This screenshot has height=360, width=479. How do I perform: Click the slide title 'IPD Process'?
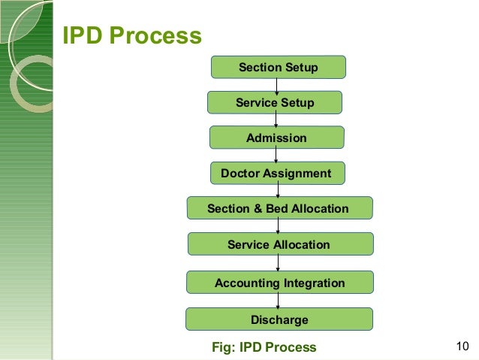coord(131,36)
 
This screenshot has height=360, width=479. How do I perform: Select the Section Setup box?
coord(278,68)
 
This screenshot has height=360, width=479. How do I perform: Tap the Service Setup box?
coord(275,102)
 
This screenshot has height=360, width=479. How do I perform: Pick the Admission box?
coord(276,138)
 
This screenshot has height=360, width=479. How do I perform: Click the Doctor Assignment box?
coord(276,174)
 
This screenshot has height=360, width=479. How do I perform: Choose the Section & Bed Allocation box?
coord(278,208)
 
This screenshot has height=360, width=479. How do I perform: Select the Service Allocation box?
coord(279,244)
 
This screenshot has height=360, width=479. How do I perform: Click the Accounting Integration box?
coord(279,283)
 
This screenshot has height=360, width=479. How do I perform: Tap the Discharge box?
coord(279,319)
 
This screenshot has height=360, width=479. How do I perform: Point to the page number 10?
coord(462,346)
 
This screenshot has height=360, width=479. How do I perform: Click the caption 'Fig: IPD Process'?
coord(265,346)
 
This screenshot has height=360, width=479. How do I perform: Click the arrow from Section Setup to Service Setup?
coord(277,85)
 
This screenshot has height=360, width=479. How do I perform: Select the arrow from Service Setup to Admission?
coord(277,120)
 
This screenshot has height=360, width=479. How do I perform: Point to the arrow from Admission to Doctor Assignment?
coord(277,156)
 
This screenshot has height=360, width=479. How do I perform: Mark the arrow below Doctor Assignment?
coord(278,191)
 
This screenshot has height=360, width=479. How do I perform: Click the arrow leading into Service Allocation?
coord(279,226)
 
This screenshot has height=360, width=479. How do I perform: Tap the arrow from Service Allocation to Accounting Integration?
coord(279,263)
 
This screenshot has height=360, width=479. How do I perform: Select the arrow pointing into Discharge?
coord(279,301)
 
